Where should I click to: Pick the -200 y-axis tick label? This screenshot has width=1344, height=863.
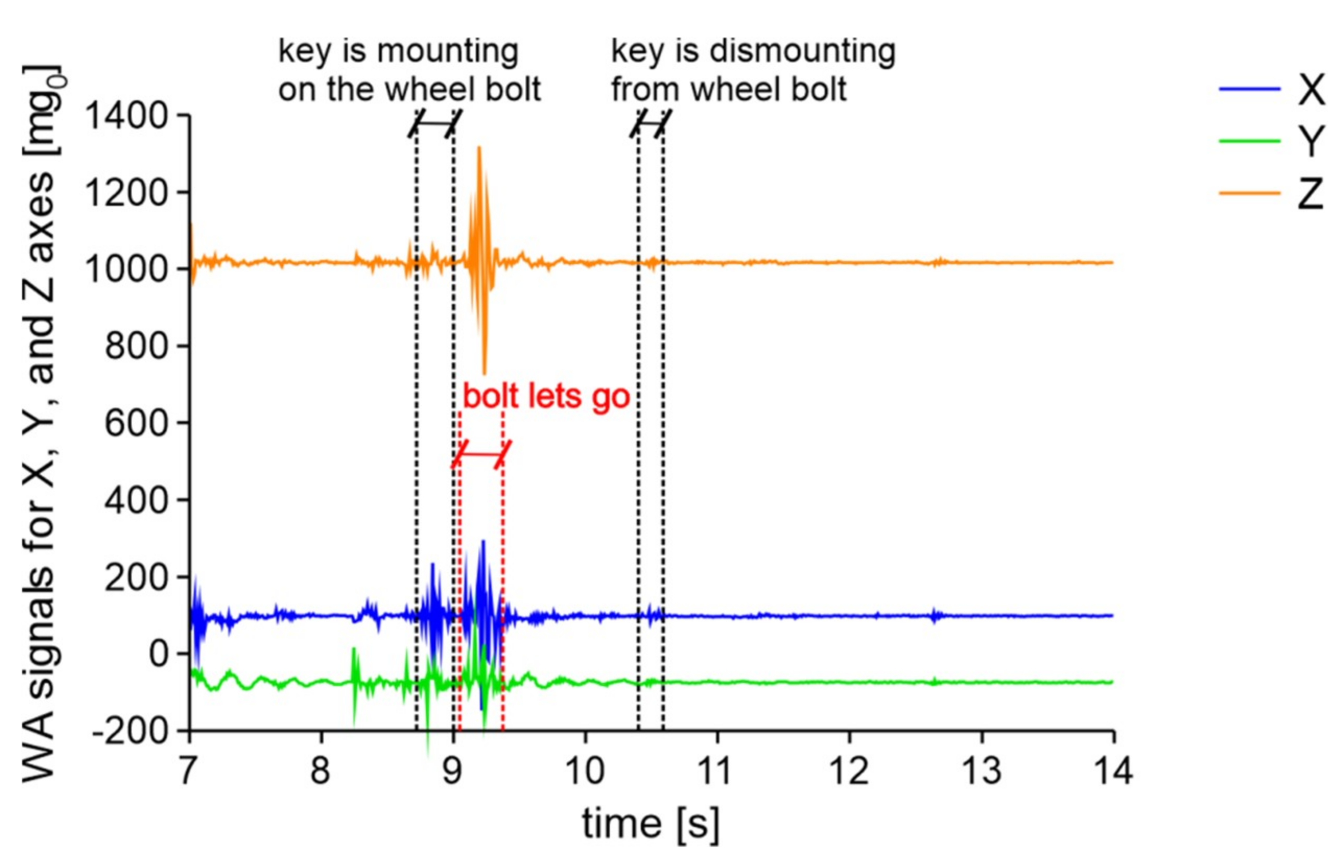click(x=131, y=731)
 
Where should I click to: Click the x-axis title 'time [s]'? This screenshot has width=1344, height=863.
click(x=650, y=824)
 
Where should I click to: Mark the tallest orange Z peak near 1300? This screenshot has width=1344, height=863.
click(x=479, y=148)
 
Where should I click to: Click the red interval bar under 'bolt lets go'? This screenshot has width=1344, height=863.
click(x=481, y=454)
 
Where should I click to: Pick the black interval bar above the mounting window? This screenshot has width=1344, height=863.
click(x=434, y=123)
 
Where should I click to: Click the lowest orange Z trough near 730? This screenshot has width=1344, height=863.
click(x=484, y=372)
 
